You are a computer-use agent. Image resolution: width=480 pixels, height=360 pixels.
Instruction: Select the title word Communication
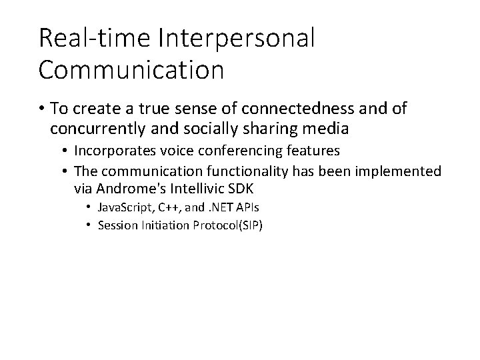coord(131,70)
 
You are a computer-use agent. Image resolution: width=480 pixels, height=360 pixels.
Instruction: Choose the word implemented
coord(398,171)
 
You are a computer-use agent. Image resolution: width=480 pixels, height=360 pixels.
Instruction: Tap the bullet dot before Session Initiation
coord(89,225)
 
